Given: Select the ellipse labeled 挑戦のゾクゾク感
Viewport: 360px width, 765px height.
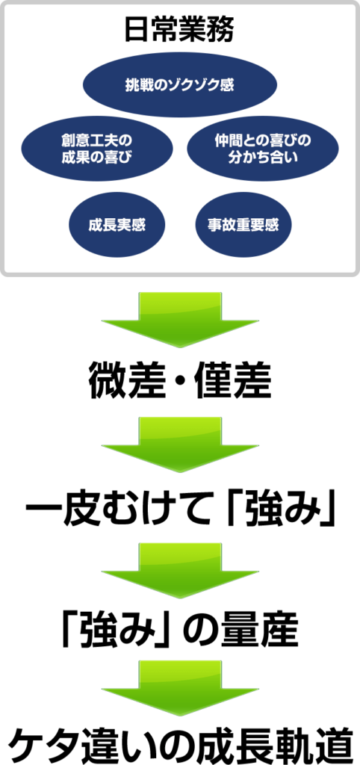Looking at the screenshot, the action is [x=180, y=85].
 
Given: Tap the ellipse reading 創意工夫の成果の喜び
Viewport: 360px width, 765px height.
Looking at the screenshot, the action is [x=97, y=149].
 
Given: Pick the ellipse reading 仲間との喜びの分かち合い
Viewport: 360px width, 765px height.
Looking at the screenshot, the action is [x=263, y=149].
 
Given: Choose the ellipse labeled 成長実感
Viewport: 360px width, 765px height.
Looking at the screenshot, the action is [x=117, y=225].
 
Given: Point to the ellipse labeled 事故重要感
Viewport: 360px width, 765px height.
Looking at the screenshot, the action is [x=243, y=225].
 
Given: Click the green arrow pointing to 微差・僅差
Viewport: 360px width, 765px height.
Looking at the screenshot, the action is [x=180, y=320].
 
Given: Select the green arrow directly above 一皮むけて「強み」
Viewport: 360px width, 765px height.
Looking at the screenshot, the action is [x=180, y=445].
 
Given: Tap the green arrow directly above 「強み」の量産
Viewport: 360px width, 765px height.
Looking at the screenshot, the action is [x=180, y=570].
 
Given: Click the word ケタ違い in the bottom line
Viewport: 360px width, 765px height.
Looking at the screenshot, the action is [x=80, y=745].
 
